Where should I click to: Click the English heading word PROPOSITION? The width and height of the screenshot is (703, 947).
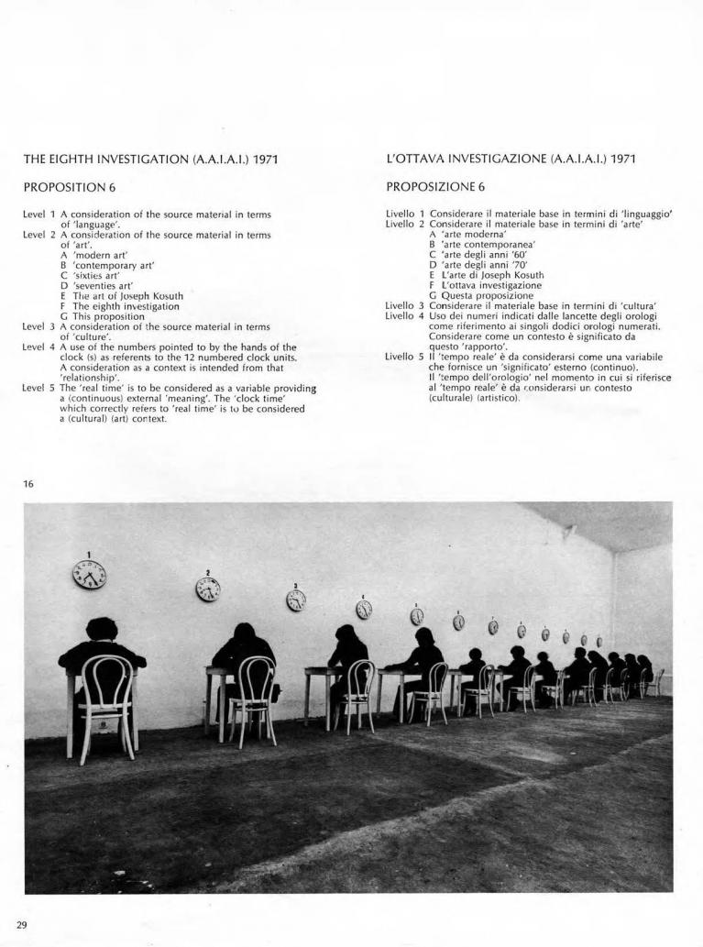tap(60, 188)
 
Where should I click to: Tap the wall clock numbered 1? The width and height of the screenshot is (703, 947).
tap(90, 575)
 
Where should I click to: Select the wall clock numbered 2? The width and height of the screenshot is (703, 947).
tap(208, 589)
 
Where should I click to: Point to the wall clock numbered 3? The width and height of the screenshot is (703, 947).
tap(296, 600)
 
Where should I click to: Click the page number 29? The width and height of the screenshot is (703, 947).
tap(23, 924)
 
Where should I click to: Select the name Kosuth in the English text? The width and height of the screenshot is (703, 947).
tap(165, 296)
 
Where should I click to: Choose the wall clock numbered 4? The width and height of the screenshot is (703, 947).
tap(364, 609)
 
